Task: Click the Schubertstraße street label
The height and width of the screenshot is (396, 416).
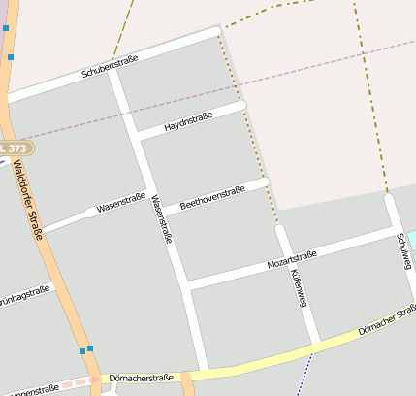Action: [x=111, y=66]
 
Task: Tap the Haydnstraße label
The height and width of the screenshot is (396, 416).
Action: [x=188, y=122]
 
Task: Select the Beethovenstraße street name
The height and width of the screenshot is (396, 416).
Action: [x=211, y=196]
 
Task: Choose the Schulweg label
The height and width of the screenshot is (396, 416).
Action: [x=403, y=251]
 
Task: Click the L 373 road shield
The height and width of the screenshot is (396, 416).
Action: [x=15, y=148]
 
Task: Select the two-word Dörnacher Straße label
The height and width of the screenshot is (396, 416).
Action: [x=387, y=321]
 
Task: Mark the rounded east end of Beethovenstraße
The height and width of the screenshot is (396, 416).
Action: [x=264, y=181]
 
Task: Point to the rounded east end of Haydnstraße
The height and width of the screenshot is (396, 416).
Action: [x=242, y=104]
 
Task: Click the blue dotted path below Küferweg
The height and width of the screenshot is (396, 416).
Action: [x=306, y=373]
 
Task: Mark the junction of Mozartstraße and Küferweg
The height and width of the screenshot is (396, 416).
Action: [x=287, y=258]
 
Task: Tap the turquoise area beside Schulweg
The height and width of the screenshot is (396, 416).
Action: [x=411, y=240]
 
